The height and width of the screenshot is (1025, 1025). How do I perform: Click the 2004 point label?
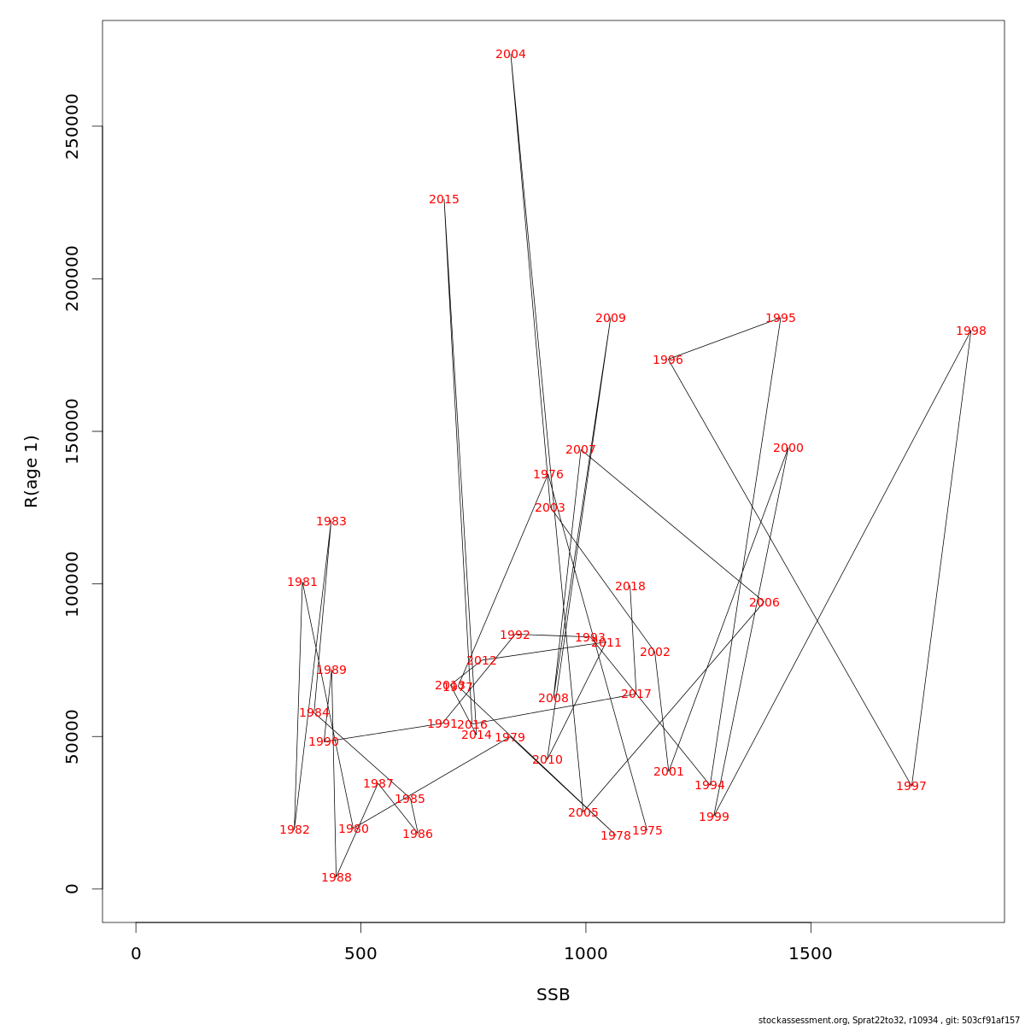click(x=511, y=55)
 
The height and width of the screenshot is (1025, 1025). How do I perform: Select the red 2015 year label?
click(x=444, y=200)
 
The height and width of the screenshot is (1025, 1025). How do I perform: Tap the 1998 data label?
click(x=970, y=331)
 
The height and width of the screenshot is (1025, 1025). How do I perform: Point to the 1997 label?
click(x=911, y=787)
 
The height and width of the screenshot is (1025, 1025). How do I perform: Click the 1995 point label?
click(x=780, y=319)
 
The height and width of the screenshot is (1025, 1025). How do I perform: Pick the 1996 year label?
click(x=667, y=360)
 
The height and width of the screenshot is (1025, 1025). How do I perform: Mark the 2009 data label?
click(x=610, y=319)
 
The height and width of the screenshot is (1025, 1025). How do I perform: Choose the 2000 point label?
click(x=788, y=448)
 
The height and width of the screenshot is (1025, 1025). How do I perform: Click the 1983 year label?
click(x=331, y=522)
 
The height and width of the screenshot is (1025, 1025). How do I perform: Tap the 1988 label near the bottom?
click(x=336, y=878)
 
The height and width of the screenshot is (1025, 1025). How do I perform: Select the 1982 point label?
click(x=294, y=830)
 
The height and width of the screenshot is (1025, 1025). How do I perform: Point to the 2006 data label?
click(x=764, y=603)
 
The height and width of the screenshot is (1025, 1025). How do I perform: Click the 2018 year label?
click(x=630, y=587)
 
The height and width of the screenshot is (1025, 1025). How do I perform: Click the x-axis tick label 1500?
click(x=810, y=954)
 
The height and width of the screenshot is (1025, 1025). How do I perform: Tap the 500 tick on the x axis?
click(x=360, y=954)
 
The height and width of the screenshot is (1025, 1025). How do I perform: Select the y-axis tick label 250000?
click(x=73, y=126)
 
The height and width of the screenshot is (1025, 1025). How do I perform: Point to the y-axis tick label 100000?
click(x=73, y=584)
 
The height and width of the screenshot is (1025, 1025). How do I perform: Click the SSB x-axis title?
click(x=553, y=995)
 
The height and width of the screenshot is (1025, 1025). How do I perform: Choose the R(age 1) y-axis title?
click(x=32, y=471)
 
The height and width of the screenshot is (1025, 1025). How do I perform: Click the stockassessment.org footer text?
click(x=888, y=1020)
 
